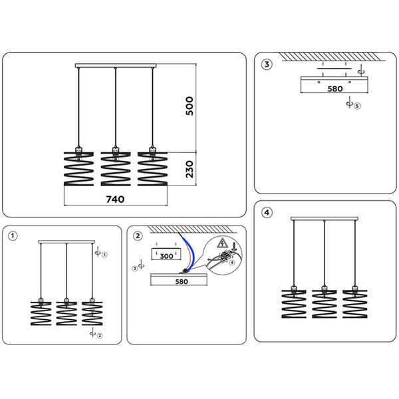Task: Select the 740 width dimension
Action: tap(114, 198)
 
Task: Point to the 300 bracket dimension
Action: tap(166, 255)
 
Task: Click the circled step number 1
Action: tap(13, 235)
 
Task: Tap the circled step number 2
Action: tap(138, 235)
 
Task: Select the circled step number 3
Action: tap(267, 65)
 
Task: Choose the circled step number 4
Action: tap(267, 213)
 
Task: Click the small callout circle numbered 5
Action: tap(356, 106)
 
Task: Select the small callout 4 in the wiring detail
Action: tap(232, 263)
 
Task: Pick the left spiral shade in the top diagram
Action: tap(78, 169)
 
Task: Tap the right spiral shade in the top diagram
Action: tap(152, 169)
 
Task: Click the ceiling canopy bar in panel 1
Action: tap(66, 242)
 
